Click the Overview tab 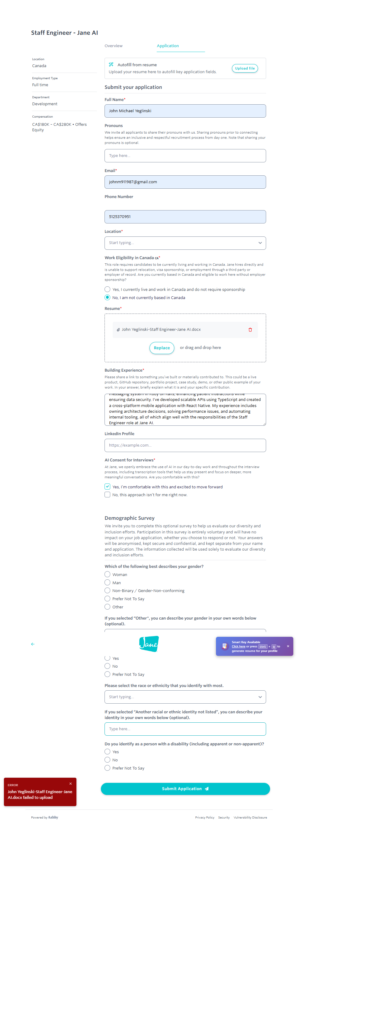point(113,46)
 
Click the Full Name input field point(185,111)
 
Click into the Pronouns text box point(185,156)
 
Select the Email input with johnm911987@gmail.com point(185,182)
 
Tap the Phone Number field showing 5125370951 point(185,217)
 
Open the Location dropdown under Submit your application point(185,243)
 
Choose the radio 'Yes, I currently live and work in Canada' point(107,289)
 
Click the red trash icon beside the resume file point(250,330)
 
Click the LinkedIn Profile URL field point(185,445)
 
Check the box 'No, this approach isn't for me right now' point(107,495)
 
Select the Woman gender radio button point(107,575)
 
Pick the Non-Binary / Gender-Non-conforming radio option point(107,591)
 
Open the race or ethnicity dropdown point(185,697)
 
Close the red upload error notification point(70,784)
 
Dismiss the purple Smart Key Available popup point(288,646)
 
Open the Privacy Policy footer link point(204,817)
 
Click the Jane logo point(149,644)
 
